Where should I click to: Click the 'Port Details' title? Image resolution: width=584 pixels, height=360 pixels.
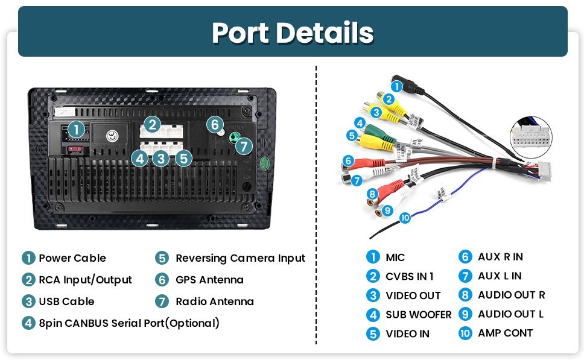tap(293, 33)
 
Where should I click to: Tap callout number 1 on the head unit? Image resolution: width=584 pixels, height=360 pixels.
tap(77, 130)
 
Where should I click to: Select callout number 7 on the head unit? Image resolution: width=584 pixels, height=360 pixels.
tap(244, 146)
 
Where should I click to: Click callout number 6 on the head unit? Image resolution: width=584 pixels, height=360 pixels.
tap(215, 124)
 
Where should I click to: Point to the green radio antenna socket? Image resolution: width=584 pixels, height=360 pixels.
tap(234, 137)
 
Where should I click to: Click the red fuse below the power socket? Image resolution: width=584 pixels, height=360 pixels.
tap(75, 150)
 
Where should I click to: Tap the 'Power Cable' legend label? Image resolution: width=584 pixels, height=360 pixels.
tap(72, 258)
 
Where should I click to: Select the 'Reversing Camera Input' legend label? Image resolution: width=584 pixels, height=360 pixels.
tap(240, 258)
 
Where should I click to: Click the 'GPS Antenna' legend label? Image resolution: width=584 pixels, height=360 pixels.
tap(209, 280)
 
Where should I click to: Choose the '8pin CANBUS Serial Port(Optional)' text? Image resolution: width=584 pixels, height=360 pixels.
tap(129, 323)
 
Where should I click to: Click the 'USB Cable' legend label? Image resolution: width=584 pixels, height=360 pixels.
tap(66, 301)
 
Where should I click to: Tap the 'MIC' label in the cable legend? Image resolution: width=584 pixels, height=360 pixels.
tap(395, 257)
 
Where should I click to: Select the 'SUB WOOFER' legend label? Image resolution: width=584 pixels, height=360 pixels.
tap(418, 315)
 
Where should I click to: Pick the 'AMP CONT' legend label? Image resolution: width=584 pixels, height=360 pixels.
tap(505, 333)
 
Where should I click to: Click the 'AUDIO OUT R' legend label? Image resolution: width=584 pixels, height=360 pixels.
tap(512, 295)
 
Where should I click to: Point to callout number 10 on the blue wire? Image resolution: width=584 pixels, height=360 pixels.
tap(405, 218)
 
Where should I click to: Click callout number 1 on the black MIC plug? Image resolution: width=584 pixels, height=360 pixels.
tap(396, 87)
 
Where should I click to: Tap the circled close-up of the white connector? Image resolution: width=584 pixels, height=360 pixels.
tap(530, 137)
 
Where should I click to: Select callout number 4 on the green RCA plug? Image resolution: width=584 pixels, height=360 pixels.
tap(360, 123)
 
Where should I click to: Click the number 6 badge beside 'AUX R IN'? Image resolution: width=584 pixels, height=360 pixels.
tap(465, 257)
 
